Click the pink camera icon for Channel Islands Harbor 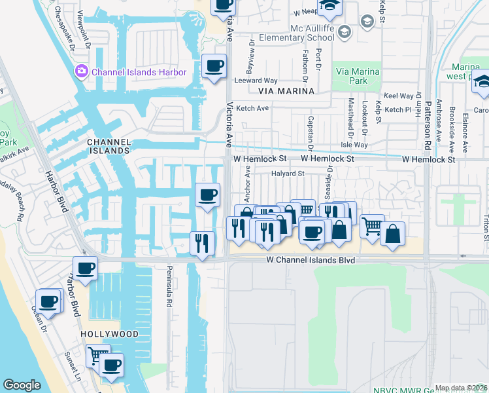(82, 71)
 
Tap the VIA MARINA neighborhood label (286, 91)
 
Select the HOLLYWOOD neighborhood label (110, 334)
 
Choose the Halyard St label (288, 174)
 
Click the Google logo (22, 385)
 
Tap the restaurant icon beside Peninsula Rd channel (202, 243)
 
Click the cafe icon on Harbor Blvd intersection (86, 267)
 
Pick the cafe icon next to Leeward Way (214, 65)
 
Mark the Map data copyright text (461, 388)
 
